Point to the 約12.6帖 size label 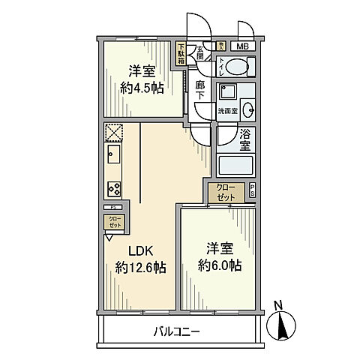point(140,267)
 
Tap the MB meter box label point(245,46)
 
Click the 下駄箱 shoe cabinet point(181,55)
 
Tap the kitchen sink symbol point(114,157)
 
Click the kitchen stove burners point(114,188)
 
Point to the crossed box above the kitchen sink point(113,132)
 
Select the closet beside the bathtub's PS point(225,192)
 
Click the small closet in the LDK point(113,223)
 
